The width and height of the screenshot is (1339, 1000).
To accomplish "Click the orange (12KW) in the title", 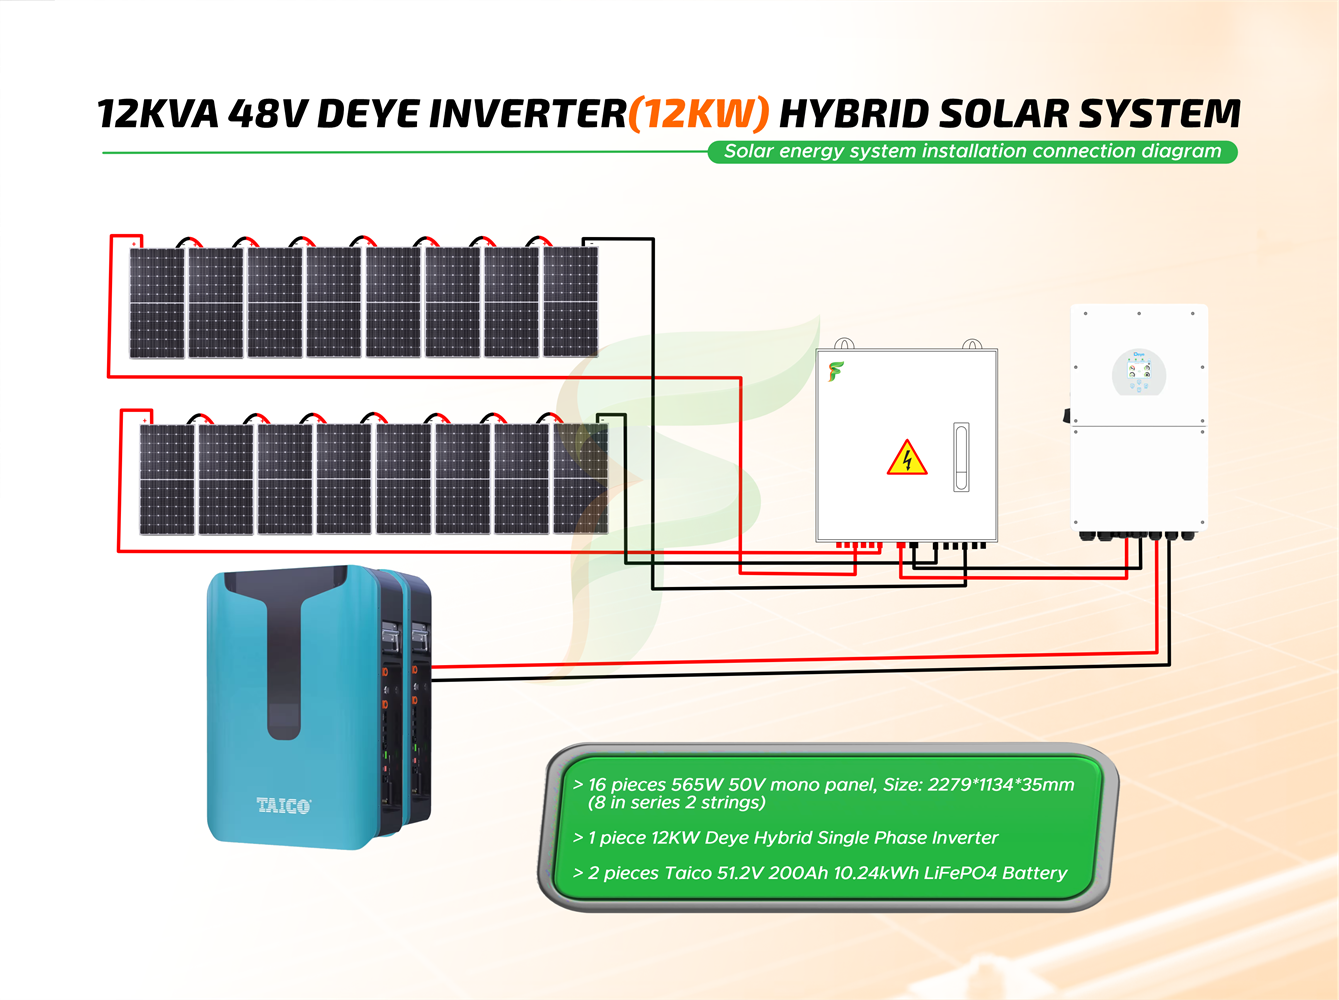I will [699, 114].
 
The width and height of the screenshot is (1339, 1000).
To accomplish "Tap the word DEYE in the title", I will [369, 114].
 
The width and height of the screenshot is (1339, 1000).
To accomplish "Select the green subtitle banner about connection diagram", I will [972, 152].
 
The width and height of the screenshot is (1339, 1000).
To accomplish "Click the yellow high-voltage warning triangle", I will [907, 458].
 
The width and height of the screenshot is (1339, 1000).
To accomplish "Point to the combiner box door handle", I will [960, 457].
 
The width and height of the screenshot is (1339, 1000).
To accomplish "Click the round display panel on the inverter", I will [1139, 372].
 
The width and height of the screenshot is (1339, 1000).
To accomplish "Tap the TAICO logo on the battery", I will [283, 805].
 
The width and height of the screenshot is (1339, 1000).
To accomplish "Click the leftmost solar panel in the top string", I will [157, 302].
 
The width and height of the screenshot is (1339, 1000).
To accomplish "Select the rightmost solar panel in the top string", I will [571, 302].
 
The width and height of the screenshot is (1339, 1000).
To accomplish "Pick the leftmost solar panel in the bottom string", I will [167, 479].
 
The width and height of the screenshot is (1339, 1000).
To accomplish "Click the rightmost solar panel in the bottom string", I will [581, 479].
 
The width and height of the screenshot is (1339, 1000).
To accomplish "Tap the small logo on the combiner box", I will [836, 372].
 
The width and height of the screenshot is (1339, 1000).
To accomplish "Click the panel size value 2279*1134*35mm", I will [1001, 785].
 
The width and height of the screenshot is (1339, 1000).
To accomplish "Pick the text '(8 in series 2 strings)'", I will [677, 803].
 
